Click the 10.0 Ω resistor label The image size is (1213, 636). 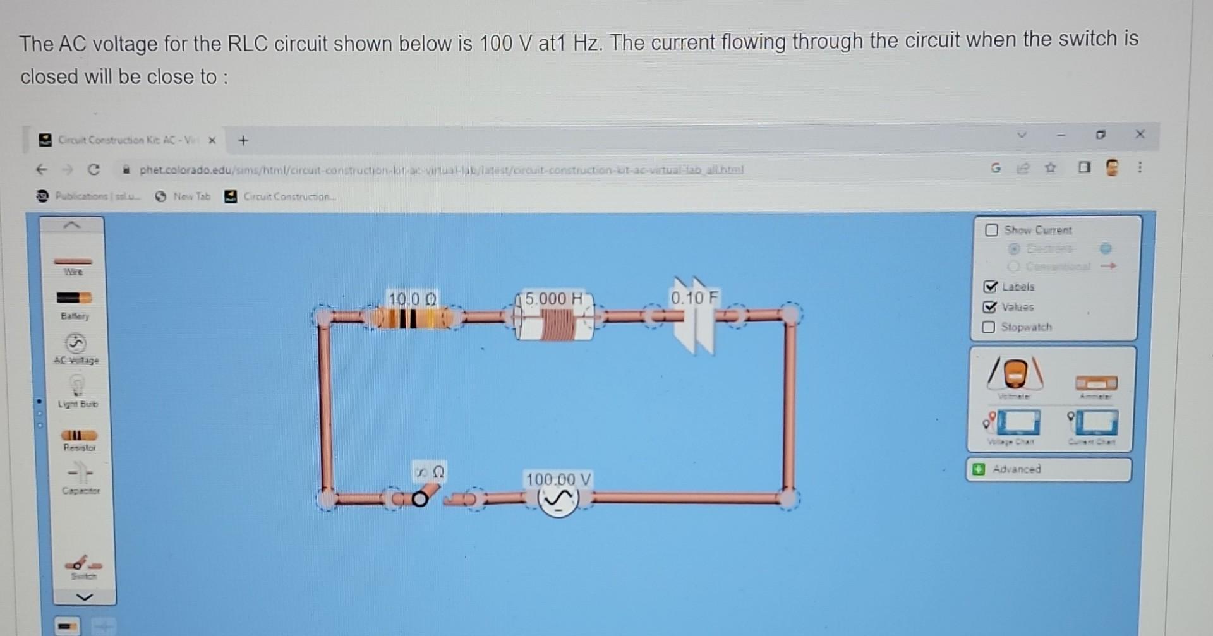412,299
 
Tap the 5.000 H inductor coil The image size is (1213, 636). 555,323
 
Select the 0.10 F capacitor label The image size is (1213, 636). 694,297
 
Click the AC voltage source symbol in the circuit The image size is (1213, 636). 558,500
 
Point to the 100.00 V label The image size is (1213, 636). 558,479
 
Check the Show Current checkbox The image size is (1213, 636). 992,230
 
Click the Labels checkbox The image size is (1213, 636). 991,287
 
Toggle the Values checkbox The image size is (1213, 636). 990,307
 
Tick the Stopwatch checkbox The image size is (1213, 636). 989,327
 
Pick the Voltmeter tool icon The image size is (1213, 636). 1015,374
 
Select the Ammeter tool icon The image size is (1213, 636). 1096,382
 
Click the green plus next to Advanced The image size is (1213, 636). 979,469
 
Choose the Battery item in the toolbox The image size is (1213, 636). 75,298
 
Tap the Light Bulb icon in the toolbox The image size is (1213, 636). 76,385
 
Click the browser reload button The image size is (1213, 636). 94,169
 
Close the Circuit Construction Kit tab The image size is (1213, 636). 212,140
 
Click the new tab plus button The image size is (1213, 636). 243,140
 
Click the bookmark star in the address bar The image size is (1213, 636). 1050,168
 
